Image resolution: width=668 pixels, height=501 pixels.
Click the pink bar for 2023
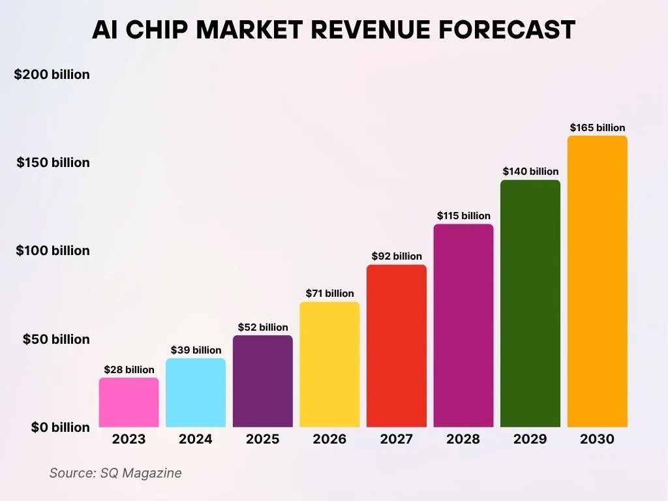pyautogui.click(x=129, y=402)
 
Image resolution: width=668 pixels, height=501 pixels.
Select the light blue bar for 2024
pyautogui.click(x=196, y=393)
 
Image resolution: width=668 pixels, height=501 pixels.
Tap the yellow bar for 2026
pyautogui.click(x=329, y=365)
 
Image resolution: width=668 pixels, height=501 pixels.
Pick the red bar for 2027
pyautogui.click(x=397, y=346)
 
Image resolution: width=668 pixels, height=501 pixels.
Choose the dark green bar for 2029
pyautogui.click(x=530, y=303)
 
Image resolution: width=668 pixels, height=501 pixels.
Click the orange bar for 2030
pyautogui.click(x=598, y=281)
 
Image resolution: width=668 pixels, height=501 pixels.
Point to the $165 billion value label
pyautogui.click(x=598, y=128)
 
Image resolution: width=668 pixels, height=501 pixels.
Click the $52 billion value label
pyautogui.click(x=262, y=327)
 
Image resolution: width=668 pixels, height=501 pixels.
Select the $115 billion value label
pyautogui.click(x=463, y=216)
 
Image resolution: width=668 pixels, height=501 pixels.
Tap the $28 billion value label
pyautogui.click(x=129, y=370)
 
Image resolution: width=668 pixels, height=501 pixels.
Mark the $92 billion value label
pyautogui.click(x=397, y=256)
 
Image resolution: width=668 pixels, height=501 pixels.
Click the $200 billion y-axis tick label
pyautogui.click(x=52, y=74)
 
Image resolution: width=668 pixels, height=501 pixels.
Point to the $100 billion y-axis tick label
pyautogui.click(x=53, y=250)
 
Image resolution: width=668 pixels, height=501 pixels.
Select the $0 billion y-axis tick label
pyautogui.click(x=61, y=427)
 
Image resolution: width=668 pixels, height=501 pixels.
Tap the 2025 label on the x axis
pyautogui.click(x=262, y=439)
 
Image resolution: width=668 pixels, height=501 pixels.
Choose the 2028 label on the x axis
pyautogui.click(x=463, y=439)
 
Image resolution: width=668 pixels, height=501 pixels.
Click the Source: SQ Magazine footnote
pyautogui.click(x=115, y=473)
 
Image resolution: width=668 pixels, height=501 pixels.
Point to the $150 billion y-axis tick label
pyautogui.click(x=53, y=162)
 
